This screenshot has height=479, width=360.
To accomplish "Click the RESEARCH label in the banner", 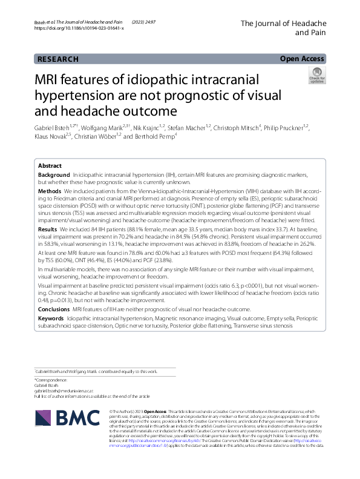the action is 58,59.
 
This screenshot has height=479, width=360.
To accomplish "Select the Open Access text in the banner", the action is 303,59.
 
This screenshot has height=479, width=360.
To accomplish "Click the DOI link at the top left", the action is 79,28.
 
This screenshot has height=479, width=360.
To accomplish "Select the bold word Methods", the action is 51,191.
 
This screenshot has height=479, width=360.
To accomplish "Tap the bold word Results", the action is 48,230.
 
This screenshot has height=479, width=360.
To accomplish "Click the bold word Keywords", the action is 51,317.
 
